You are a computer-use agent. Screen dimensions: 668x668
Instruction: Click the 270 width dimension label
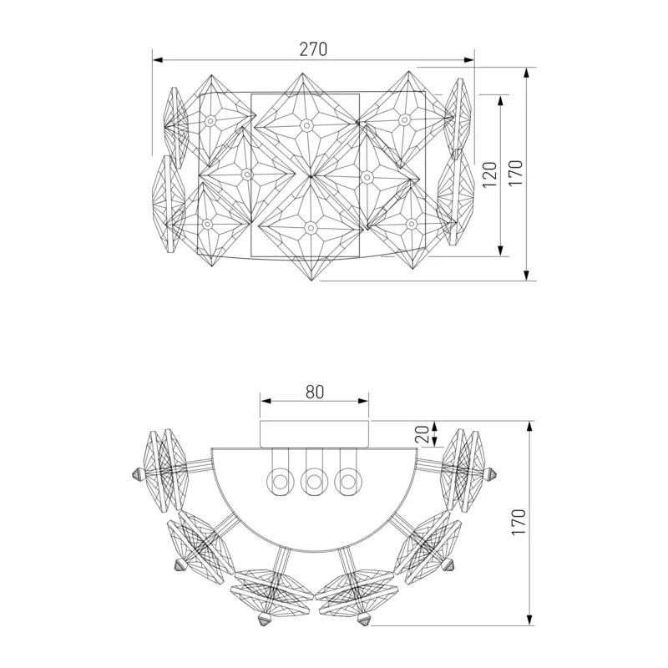pos(314,49)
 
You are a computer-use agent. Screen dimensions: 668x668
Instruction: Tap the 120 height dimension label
pos(490,175)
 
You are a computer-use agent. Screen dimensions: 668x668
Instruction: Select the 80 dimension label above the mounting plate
pos(315,392)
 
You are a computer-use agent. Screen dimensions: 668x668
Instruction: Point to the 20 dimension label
pos(424,434)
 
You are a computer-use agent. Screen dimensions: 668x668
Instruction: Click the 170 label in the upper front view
pos(515,173)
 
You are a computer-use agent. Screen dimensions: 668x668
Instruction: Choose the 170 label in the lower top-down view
pos(519,523)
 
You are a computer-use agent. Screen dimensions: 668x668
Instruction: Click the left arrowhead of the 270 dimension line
pos(158,60)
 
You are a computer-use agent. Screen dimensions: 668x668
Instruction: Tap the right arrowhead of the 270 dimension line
pos(469,60)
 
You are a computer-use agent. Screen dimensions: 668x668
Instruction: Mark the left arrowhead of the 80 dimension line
pos(266,401)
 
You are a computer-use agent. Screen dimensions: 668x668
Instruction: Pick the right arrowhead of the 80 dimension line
pos(363,401)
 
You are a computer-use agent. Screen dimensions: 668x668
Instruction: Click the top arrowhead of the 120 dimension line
pos(500,99)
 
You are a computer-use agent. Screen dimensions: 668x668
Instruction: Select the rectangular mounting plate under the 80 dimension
pos(315,434)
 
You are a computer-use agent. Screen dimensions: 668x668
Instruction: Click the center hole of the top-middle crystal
pos(305,125)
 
